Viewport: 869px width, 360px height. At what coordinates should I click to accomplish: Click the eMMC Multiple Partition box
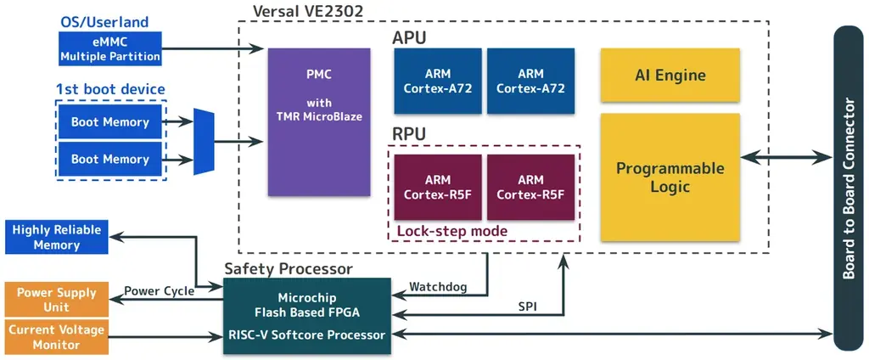[x=109, y=49]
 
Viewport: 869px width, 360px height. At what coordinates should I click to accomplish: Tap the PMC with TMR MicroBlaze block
[x=319, y=122]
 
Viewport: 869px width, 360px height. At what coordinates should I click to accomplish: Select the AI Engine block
[x=670, y=76]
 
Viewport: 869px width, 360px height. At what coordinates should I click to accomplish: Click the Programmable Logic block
[x=670, y=177]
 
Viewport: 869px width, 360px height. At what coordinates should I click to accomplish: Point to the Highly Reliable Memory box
[x=56, y=237]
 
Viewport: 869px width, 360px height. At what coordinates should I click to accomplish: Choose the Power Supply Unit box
[x=56, y=300]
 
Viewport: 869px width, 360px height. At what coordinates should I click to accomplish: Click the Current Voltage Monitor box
[x=56, y=337]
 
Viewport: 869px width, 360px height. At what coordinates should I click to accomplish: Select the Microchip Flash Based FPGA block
[x=306, y=305]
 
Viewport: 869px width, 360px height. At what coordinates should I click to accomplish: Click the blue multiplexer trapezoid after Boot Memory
[x=204, y=142]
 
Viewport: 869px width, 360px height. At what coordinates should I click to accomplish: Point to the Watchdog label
[x=438, y=287]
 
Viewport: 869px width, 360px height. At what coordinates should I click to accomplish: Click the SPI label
[x=528, y=305]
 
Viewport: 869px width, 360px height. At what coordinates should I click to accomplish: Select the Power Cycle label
[x=159, y=290]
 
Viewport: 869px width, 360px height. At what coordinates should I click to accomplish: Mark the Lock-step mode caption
[x=451, y=231]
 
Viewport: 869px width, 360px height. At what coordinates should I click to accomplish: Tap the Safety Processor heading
[x=288, y=269]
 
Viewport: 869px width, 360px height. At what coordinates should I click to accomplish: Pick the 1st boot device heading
[x=110, y=89]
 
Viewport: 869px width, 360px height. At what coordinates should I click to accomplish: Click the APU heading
[x=409, y=38]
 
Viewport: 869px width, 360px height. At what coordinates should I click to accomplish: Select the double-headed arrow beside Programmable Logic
[x=786, y=157]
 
